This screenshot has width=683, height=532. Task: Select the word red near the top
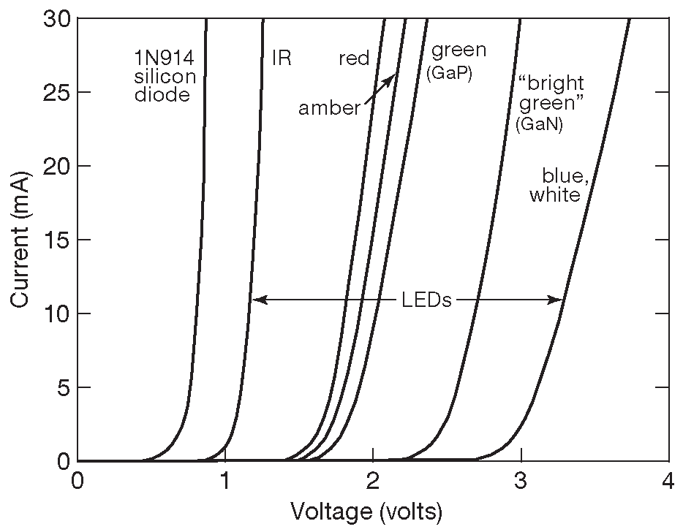click(354, 58)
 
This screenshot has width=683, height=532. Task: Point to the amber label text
click(330, 109)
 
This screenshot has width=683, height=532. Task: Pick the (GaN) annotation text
click(538, 125)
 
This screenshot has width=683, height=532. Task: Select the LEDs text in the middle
click(427, 300)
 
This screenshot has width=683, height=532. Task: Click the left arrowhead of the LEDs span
click(257, 299)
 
